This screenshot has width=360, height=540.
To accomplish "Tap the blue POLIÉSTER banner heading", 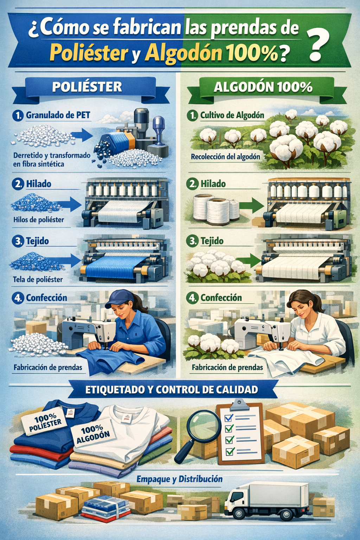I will pos(87,87).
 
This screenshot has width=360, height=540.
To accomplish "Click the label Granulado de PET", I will pos(58,115).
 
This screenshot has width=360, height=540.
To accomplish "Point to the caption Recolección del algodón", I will pos(225,157).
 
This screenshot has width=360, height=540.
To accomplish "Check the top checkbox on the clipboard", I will pos(229,417).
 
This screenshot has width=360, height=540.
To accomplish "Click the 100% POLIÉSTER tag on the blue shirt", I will pos(43,422).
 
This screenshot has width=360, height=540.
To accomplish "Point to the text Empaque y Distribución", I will pos(179,479).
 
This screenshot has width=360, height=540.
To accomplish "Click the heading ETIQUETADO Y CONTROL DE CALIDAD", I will pos(172,390).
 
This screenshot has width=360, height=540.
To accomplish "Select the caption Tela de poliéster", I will pos(38,279).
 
